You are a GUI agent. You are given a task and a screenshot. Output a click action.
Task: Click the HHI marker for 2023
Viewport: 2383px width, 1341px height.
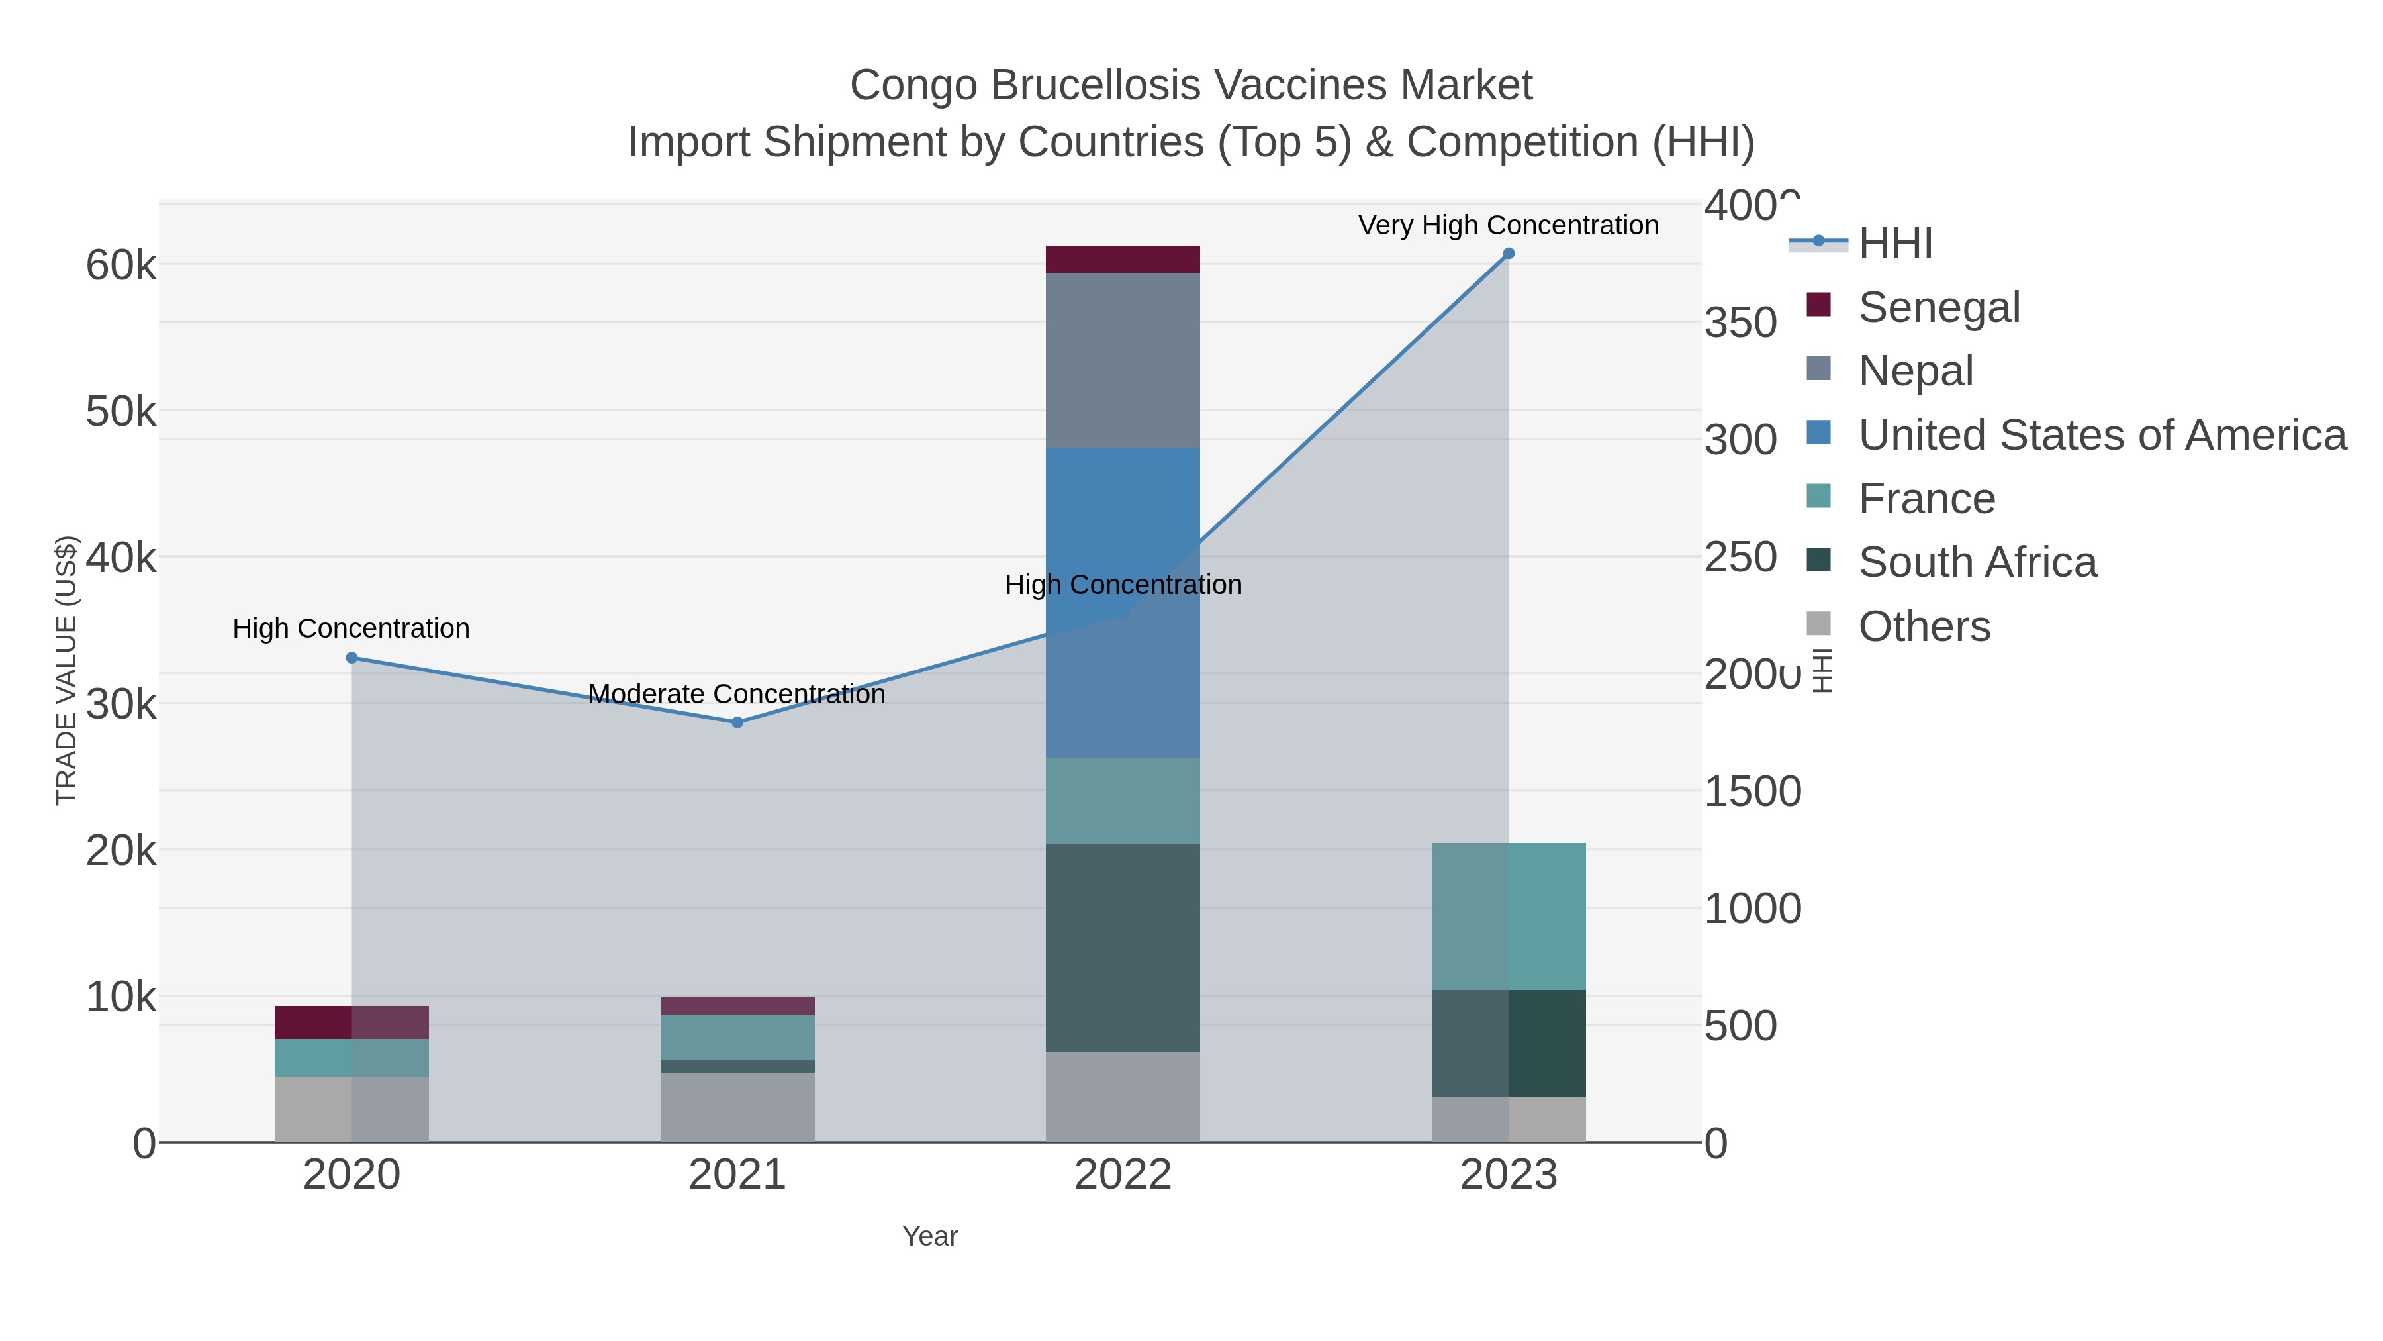tap(1508, 254)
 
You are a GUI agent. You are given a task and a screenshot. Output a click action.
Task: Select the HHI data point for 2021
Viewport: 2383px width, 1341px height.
tap(737, 722)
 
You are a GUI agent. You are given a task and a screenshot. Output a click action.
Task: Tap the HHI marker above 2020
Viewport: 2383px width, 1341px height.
tap(351, 658)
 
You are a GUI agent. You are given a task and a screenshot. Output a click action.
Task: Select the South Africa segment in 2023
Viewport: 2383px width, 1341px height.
tap(1508, 1043)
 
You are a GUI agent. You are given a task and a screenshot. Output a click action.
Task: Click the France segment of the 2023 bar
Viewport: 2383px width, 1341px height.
tap(1508, 917)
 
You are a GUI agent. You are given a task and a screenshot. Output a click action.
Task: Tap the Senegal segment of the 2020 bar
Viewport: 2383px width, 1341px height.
tap(351, 1022)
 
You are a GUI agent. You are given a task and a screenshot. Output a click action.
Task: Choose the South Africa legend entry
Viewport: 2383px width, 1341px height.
tap(1977, 563)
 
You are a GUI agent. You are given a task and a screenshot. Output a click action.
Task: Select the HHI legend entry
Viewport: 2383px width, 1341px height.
tap(1894, 244)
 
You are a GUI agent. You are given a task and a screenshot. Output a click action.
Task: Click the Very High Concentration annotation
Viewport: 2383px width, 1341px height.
tap(1508, 225)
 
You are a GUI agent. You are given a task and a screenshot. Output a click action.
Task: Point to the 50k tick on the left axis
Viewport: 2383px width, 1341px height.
tap(121, 412)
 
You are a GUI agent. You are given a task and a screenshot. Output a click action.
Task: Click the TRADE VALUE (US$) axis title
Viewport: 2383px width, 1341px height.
tap(67, 670)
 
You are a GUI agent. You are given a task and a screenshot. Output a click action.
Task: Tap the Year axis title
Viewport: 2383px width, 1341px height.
tap(930, 1236)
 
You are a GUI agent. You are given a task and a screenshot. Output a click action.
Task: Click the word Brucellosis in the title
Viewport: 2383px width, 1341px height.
tap(1096, 85)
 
